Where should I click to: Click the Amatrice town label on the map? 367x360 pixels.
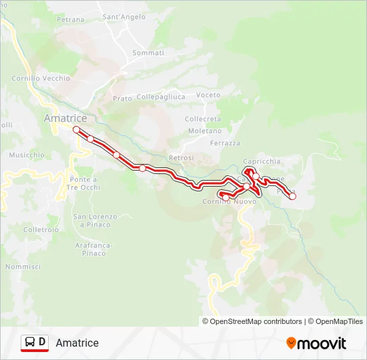coord(65,117)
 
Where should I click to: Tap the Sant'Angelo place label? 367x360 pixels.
coord(124,16)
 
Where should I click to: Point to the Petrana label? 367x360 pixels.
coord(71,20)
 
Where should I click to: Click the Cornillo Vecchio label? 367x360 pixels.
coord(41,78)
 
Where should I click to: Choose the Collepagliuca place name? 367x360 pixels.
coord(161,97)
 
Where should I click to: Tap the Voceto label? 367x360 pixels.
coord(208,95)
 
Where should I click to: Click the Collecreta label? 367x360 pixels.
coord(203,119)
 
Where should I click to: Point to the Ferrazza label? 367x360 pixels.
coord(225,143)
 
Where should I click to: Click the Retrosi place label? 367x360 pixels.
coord(181,157)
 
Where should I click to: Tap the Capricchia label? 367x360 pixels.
coord(262,161)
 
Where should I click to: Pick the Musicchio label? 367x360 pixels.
coord(27,155)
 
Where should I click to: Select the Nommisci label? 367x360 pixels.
coord(23,267)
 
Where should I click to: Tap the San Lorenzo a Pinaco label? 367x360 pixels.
coord(95,221)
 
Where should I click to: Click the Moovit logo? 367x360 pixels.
coord(316,343)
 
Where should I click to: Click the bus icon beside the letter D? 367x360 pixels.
coord(30,343)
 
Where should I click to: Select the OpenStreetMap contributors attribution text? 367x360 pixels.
coord(254,321)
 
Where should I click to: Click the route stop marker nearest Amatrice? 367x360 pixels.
coord(77,129)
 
